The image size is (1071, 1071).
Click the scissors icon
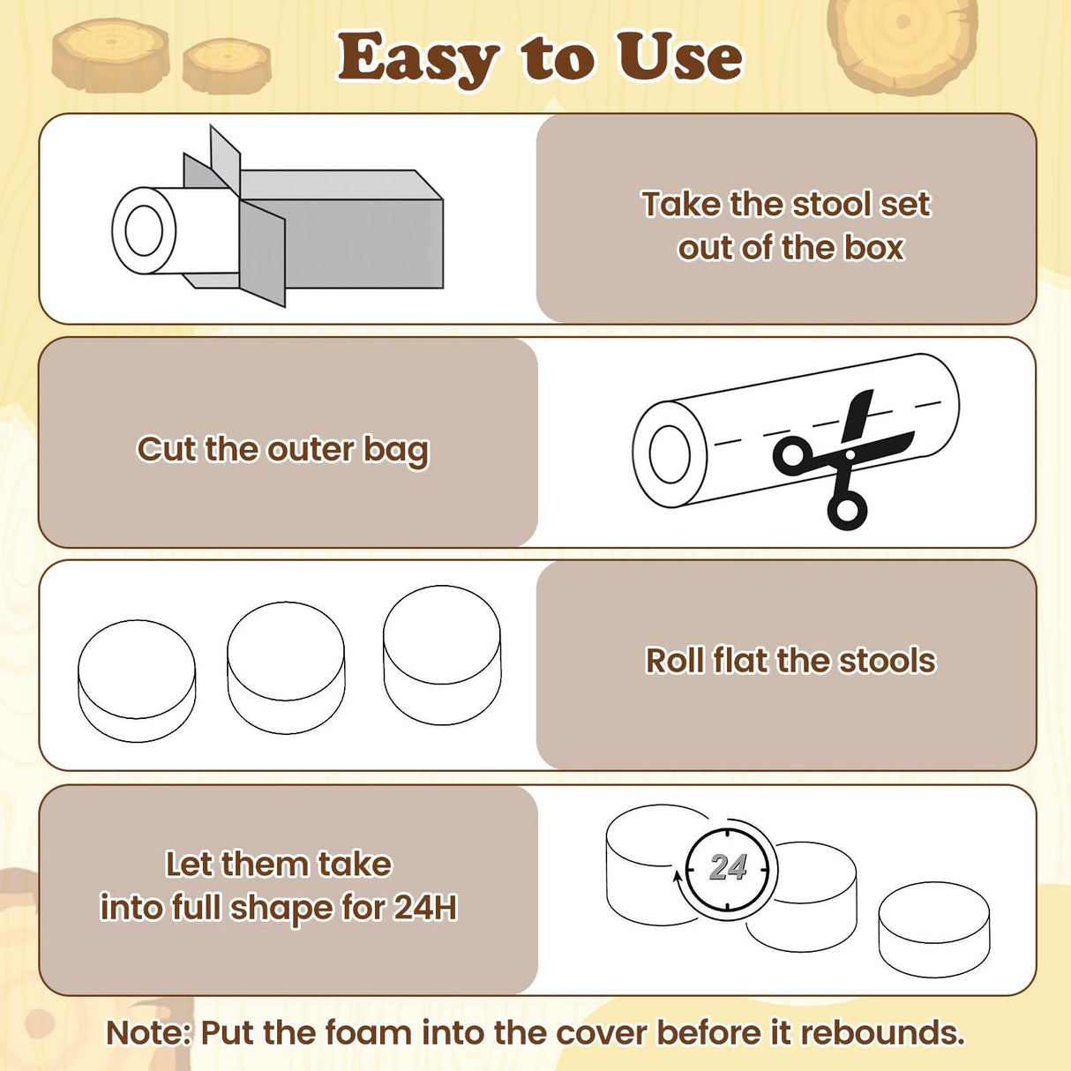pos(843,460)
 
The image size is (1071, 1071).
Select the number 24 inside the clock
pos(728,867)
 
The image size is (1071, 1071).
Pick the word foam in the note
pos(368,1033)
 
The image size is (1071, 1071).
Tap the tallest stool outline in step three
pos(442,655)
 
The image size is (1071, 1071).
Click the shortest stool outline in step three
pos(137,681)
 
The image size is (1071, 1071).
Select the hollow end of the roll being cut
pos(670,454)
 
